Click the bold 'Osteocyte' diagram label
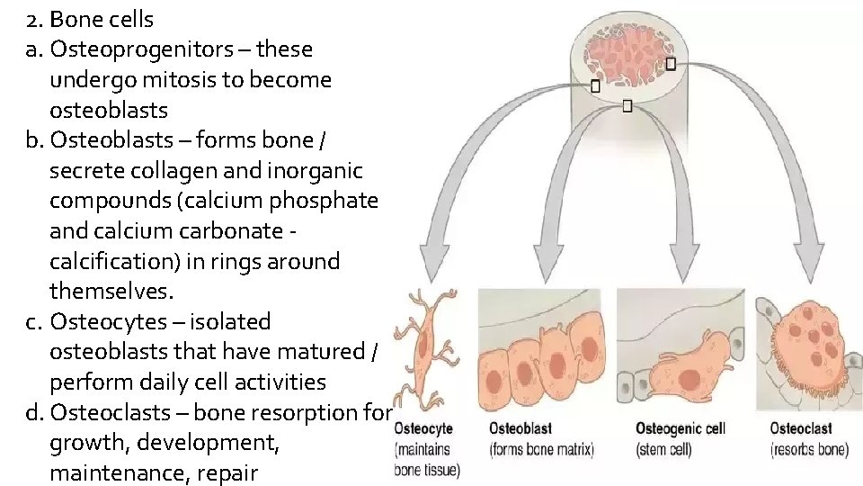tap(423, 428)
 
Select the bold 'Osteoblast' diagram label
tap(520, 428)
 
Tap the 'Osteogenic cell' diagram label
tap(680, 428)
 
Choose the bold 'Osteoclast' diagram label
tap(801, 428)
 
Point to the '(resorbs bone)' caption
tap(809, 448)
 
